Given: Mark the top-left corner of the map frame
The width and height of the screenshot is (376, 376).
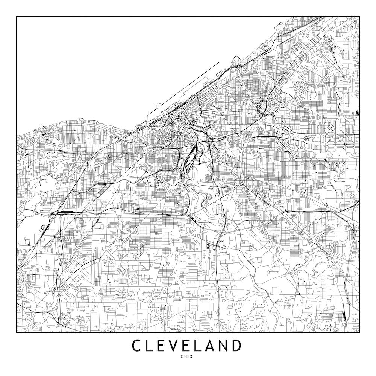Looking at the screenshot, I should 17,17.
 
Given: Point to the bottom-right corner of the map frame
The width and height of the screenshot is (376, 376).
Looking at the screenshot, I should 359,333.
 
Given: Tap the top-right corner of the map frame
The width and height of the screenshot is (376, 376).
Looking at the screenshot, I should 359,17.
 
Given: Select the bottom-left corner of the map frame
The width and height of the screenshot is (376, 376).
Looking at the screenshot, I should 17,333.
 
